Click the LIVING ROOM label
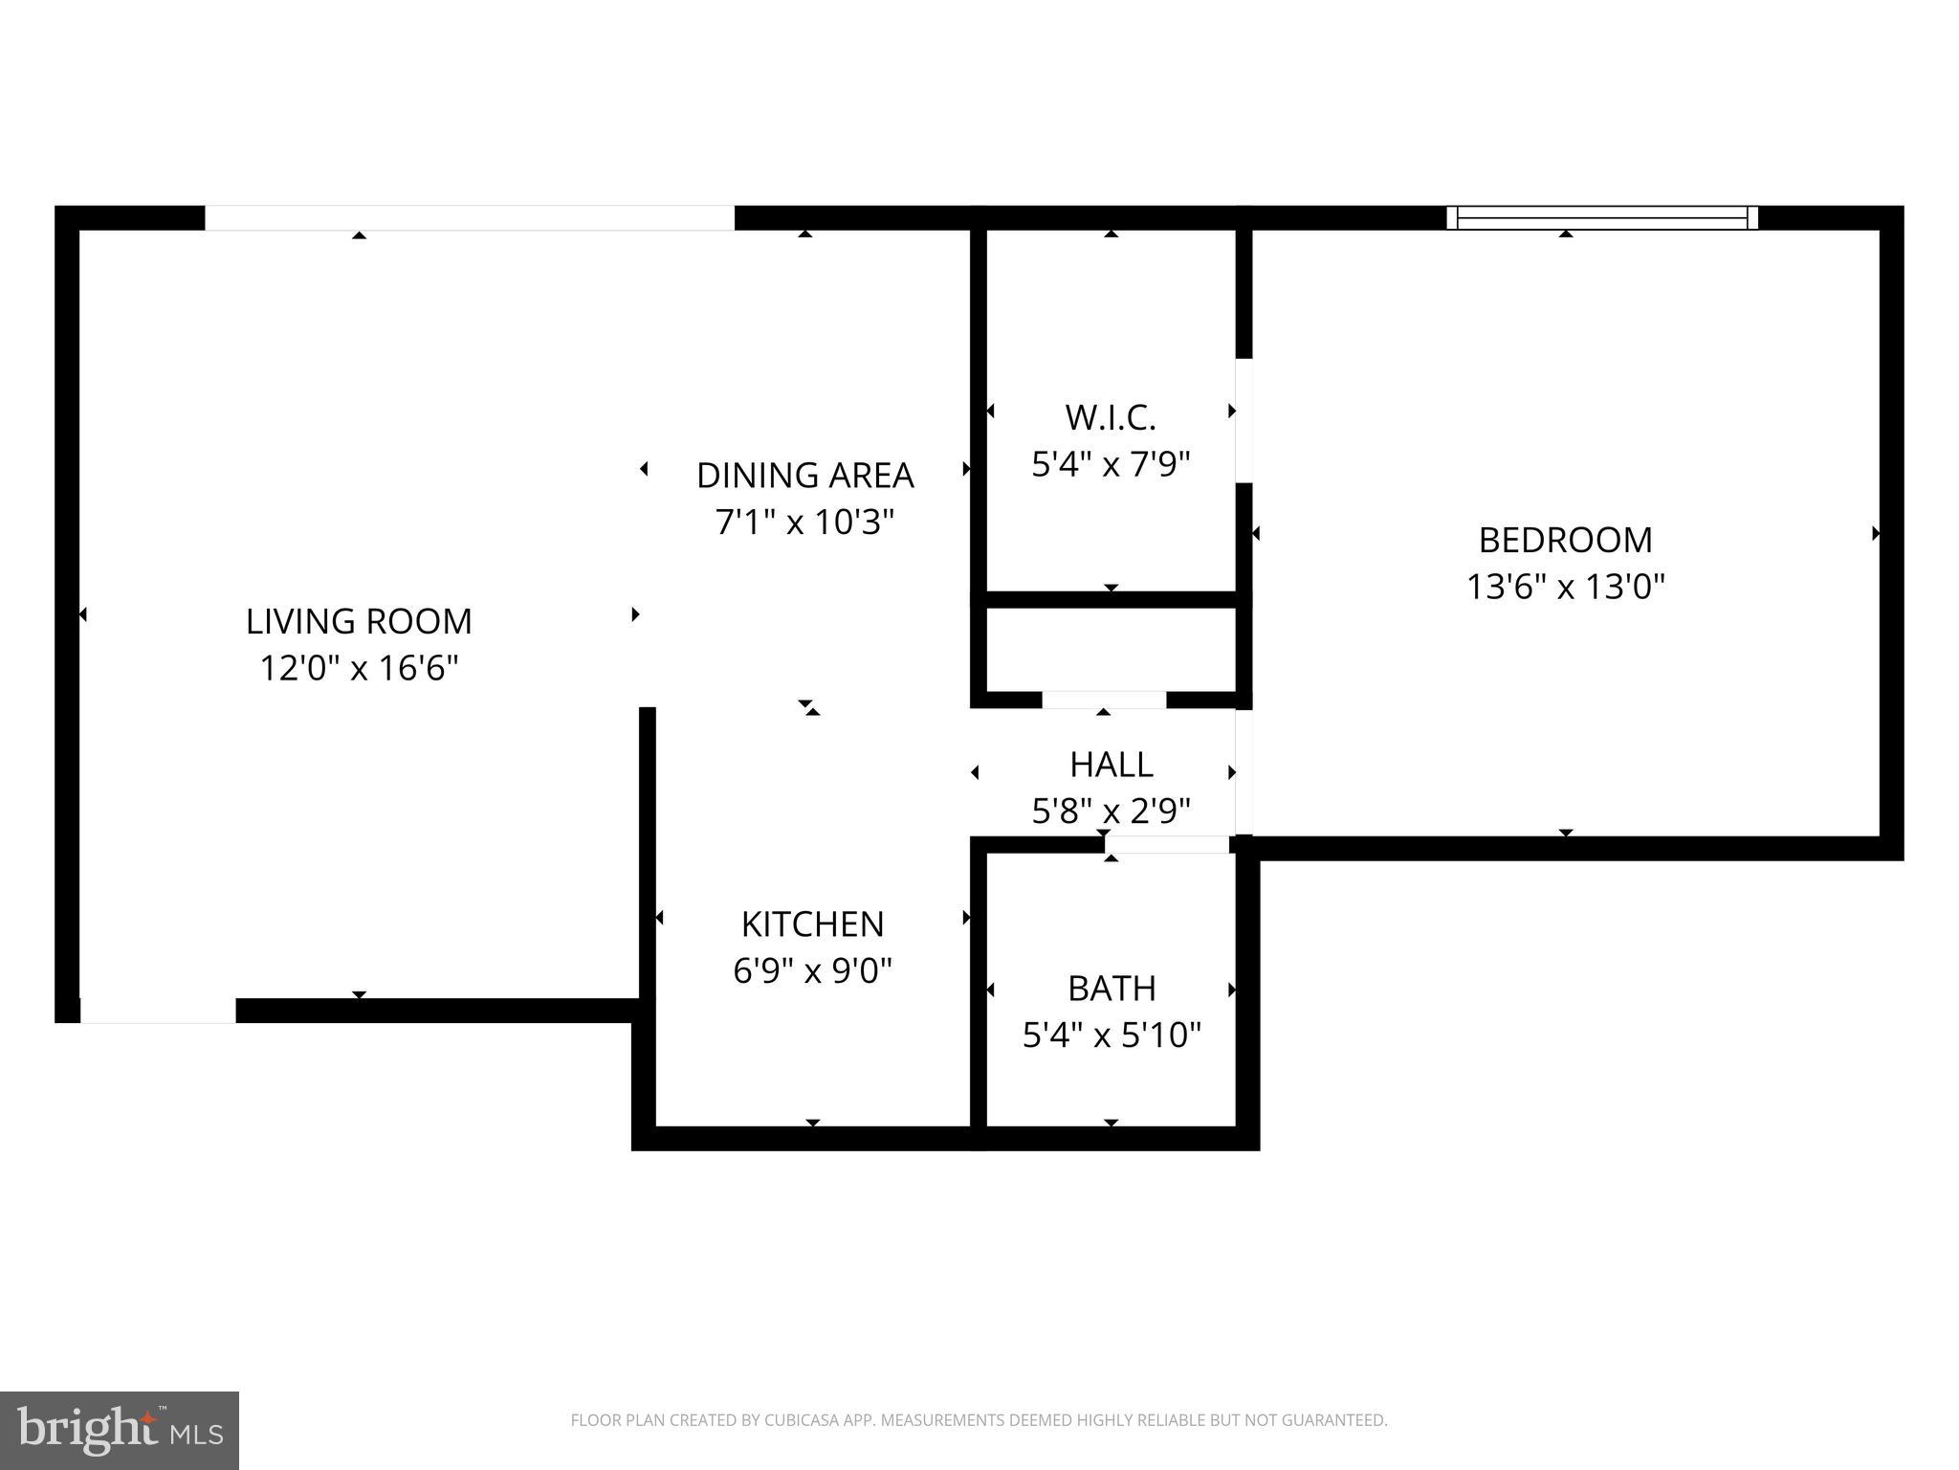(x=359, y=621)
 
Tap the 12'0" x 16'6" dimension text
(x=359, y=668)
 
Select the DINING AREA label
(x=804, y=475)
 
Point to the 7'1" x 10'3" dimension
(x=804, y=523)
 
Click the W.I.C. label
(x=1111, y=417)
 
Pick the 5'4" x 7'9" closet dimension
(x=1111, y=465)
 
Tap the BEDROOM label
(x=1565, y=540)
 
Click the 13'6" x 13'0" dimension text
(x=1565, y=587)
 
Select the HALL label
(x=1111, y=765)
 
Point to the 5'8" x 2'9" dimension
(x=1111, y=812)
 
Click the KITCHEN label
(x=812, y=924)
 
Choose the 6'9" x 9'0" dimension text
(x=812, y=971)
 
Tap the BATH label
(x=1111, y=988)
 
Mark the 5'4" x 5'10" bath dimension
(x=1111, y=1036)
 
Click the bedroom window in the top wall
(x=1601, y=218)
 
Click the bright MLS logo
(x=119, y=1430)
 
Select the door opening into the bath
(x=1167, y=845)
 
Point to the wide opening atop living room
(x=470, y=218)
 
